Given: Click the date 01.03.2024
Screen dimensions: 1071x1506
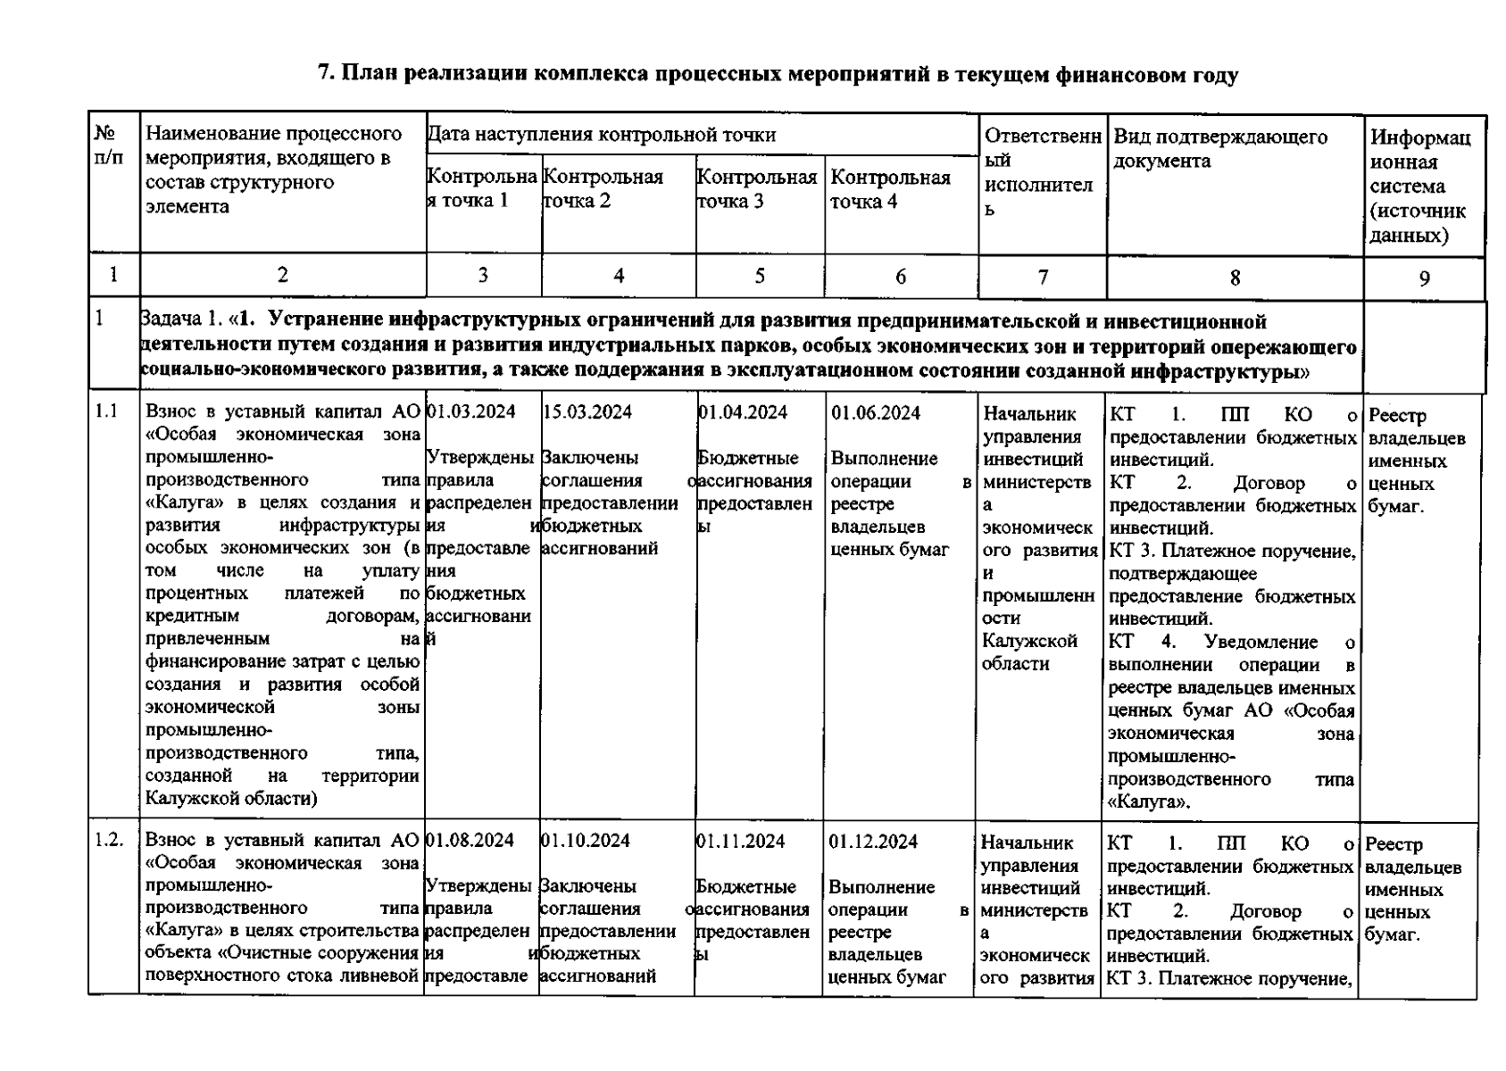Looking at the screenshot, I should [x=471, y=412].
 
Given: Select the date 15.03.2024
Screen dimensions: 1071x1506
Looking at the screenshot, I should [x=587, y=412].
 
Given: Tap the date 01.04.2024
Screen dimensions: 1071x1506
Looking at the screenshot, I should [x=743, y=412].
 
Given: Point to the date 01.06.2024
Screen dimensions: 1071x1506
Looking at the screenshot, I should [x=875, y=413].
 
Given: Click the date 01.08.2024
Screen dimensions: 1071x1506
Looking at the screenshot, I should [x=470, y=841].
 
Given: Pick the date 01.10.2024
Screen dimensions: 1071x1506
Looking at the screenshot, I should [x=585, y=841].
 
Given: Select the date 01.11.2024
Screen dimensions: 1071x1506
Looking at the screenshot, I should [x=740, y=841].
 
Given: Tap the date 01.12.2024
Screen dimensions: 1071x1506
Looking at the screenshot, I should [x=873, y=842].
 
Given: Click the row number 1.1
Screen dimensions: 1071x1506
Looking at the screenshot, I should [x=107, y=412].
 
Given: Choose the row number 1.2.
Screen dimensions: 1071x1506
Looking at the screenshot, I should [x=109, y=841].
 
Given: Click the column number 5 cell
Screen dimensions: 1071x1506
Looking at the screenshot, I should [x=760, y=276].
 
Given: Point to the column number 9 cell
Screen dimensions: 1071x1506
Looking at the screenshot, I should [x=1424, y=278].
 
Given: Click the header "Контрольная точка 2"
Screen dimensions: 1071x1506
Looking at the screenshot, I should [x=603, y=189].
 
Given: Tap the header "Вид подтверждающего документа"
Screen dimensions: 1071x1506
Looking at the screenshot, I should [x=1219, y=149].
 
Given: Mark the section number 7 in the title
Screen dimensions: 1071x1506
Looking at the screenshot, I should [x=326, y=75].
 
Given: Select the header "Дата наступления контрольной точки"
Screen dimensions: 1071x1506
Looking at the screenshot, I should [x=601, y=135].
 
